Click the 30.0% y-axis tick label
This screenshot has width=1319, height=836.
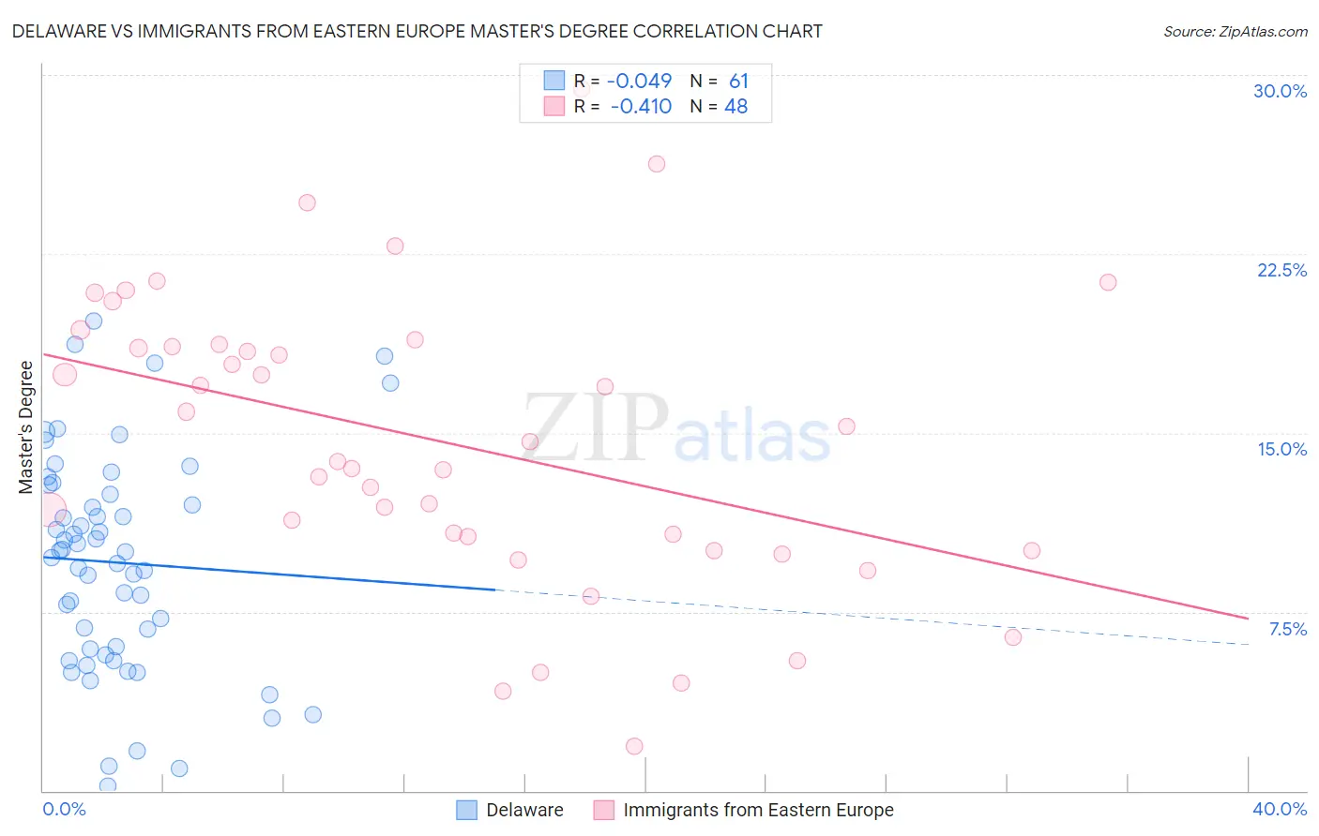[1280, 91]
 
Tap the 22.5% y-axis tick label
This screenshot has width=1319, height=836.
[1281, 270]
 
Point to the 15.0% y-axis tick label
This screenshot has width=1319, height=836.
[1281, 449]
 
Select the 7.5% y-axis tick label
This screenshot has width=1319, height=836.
[1287, 629]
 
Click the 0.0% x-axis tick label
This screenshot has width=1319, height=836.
[64, 809]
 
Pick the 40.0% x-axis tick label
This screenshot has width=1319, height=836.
[1279, 809]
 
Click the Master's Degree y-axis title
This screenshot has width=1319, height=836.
[26, 426]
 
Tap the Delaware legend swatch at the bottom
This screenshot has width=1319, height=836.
[467, 811]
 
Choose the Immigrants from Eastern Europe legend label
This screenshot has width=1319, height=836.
[758, 811]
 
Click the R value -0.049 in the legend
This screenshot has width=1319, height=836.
[639, 82]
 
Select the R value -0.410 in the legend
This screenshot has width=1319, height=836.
[641, 107]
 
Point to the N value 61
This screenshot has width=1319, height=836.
[738, 82]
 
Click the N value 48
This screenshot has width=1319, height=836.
[735, 107]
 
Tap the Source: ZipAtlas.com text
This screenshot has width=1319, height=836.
[1235, 32]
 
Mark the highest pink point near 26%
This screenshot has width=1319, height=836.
[657, 164]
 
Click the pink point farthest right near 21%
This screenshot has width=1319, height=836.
[1108, 282]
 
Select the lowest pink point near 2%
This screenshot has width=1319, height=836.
[634, 746]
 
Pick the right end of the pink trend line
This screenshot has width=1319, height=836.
[1248, 619]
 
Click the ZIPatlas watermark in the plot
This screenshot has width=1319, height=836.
[675, 429]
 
